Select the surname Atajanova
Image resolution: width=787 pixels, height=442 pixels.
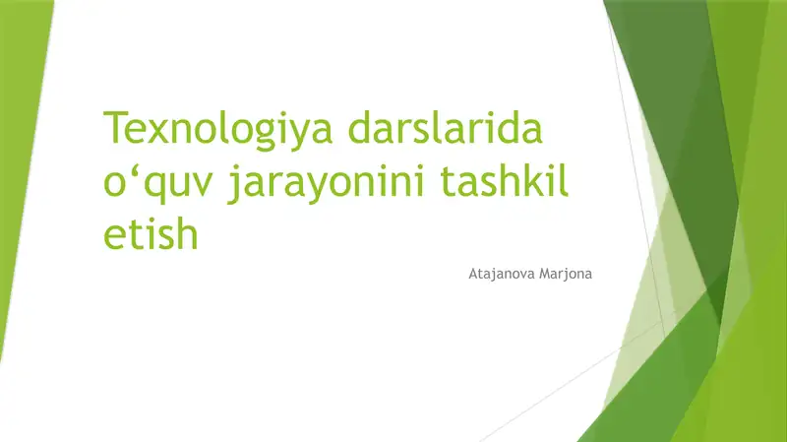click(x=502, y=275)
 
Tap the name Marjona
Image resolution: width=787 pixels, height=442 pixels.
click(x=566, y=275)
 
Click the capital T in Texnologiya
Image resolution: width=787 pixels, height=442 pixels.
click(x=115, y=127)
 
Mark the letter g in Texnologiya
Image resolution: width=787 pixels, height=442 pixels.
click(x=265, y=137)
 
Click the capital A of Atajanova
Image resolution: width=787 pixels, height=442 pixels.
click(x=473, y=274)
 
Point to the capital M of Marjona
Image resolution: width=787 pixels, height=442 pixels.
click(x=545, y=274)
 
